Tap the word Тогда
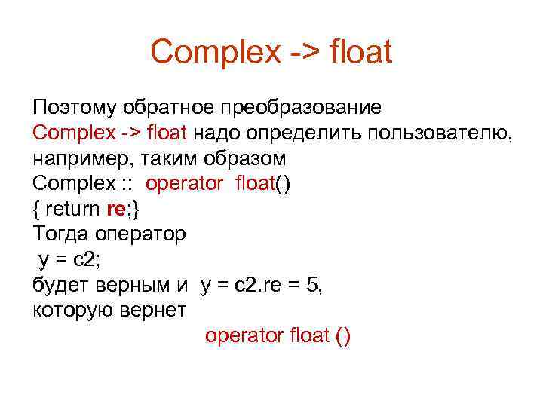[x=61, y=235]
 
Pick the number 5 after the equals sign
[x=315, y=286]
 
